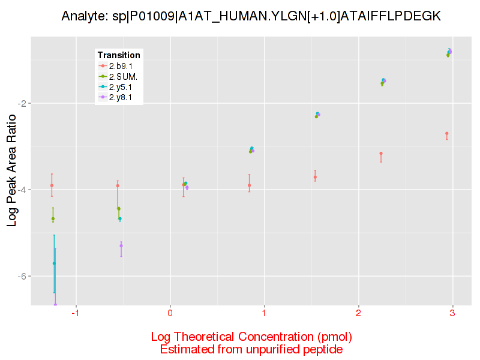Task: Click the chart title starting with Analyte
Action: [251, 17]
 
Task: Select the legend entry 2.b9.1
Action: [121, 66]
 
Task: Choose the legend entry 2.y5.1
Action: [121, 87]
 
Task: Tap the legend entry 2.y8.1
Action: [121, 97]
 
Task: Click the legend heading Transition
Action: [119, 55]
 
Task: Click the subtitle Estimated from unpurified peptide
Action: [251, 349]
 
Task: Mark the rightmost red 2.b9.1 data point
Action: [447, 133]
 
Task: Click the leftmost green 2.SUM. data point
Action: [53, 219]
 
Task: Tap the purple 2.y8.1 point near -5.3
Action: [121, 245]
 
